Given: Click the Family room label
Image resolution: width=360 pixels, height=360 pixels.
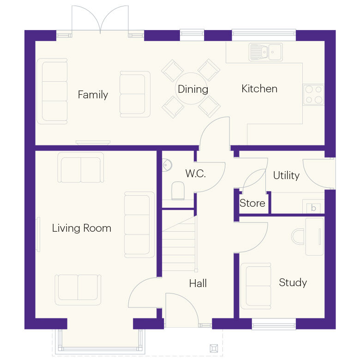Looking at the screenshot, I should [93, 95].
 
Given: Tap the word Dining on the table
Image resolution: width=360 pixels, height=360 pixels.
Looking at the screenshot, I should [193, 89].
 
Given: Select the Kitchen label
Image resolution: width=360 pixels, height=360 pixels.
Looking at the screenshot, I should [259, 89].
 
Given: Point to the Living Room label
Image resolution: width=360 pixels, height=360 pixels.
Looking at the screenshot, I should [81, 228].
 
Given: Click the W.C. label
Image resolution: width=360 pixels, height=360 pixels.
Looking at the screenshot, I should [195, 174].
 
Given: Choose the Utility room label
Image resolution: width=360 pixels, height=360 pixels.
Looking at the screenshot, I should [286, 175].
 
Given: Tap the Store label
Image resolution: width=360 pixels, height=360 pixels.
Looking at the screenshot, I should [252, 203].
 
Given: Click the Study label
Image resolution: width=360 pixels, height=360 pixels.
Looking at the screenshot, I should [293, 282].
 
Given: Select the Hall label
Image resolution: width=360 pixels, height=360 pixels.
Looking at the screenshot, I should [198, 283].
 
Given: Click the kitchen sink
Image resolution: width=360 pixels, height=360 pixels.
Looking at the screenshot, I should [265, 52].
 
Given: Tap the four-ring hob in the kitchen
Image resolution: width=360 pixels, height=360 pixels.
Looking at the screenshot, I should [313, 95].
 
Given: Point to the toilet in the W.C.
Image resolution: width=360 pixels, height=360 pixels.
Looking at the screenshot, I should [178, 191].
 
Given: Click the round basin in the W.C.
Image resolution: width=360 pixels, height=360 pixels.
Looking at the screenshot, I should [167, 164].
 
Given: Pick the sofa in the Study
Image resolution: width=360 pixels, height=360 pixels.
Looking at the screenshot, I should [255, 285].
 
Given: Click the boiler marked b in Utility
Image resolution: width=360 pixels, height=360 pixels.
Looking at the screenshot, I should [313, 208].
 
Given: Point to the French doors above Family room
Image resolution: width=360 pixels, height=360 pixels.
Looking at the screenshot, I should [100, 21].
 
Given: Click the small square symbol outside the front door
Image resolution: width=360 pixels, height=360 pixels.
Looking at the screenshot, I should [214, 348].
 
